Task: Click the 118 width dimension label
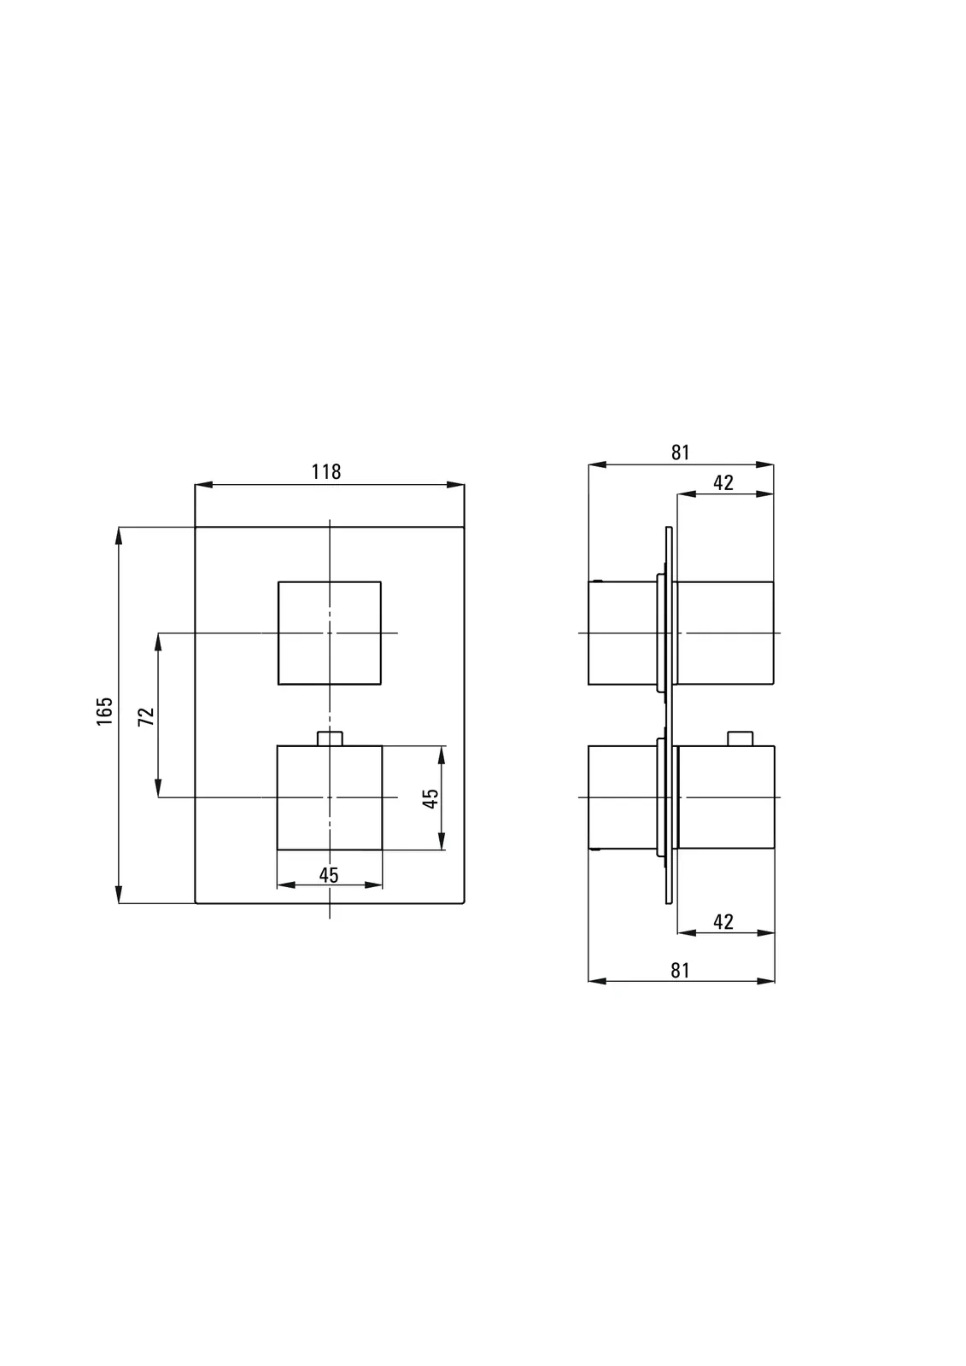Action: click(326, 472)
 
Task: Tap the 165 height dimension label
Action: click(105, 711)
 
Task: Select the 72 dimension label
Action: click(146, 716)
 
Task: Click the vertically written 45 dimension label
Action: click(430, 798)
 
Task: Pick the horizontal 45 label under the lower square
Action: click(329, 875)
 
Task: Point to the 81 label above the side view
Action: click(681, 452)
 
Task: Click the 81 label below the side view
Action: click(681, 970)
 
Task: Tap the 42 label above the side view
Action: click(723, 483)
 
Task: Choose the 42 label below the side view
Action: click(723, 921)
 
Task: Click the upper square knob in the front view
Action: click(330, 581)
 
